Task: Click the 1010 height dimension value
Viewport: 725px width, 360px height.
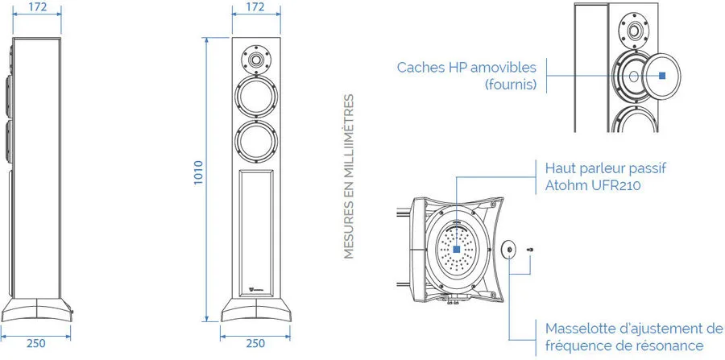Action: pyautogui.click(x=198, y=173)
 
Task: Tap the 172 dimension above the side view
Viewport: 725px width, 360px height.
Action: pyautogui.click(x=36, y=7)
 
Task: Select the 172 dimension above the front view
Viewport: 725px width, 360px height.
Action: pyautogui.click(x=255, y=7)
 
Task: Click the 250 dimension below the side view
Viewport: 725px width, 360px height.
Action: pyautogui.click(x=35, y=343)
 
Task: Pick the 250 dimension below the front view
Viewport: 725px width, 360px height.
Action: pyautogui.click(x=255, y=343)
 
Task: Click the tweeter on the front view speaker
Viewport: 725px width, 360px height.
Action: pyautogui.click(x=255, y=59)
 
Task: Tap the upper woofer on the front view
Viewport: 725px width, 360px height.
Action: pyautogui.click(x=257, y=97)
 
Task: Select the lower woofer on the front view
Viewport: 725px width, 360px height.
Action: pyautogui.click(x=257, y=142)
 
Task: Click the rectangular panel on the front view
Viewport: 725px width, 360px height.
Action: pyautogui.click(x=256, y=233)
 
